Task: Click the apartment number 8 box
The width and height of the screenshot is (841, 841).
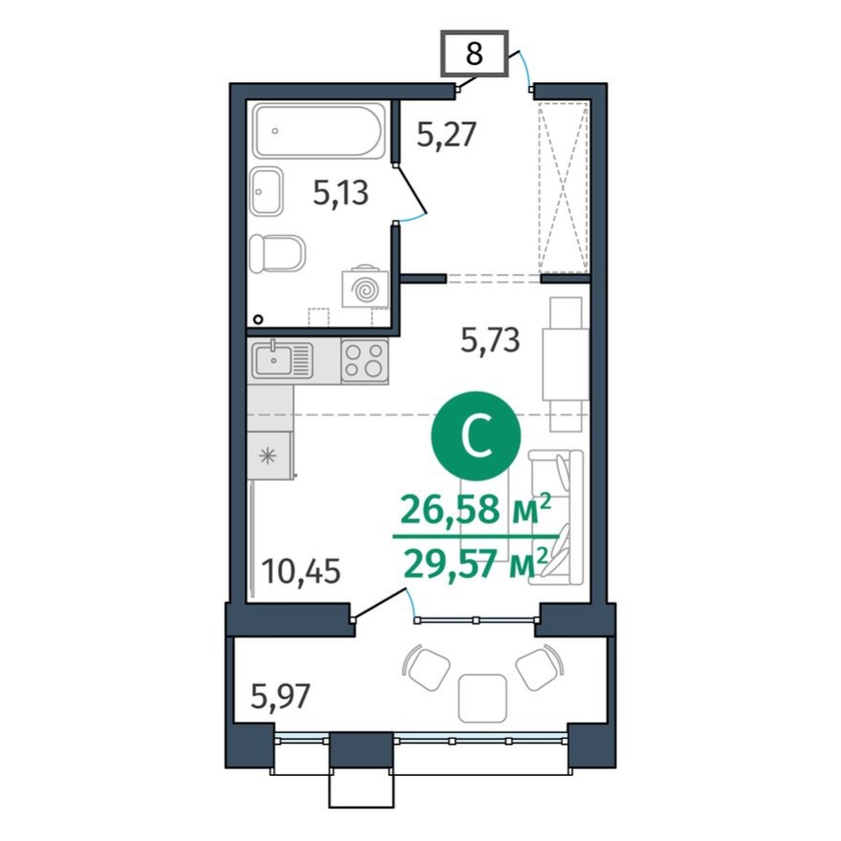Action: coord(473,54)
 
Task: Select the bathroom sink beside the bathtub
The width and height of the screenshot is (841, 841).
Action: coord(267,193)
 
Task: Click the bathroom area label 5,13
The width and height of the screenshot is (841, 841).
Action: coord(341,194)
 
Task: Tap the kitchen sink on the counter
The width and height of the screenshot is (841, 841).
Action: coord(283,360)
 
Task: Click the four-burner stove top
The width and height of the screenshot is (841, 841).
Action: coord(365,361)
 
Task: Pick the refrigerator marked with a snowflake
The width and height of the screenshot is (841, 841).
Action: coord(270,455)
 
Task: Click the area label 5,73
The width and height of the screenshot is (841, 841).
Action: coord(490,340)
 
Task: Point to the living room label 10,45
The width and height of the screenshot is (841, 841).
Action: coord(300,573)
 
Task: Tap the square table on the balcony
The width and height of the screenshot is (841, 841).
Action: coord(482,698)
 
